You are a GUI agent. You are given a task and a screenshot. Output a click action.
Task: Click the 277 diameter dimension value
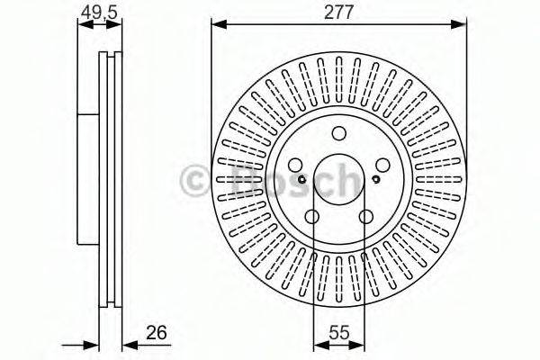339,13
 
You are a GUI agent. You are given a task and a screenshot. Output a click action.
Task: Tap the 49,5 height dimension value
99,13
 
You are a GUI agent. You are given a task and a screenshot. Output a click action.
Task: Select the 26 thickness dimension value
157,332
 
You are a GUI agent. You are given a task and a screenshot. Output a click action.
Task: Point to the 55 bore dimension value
339,332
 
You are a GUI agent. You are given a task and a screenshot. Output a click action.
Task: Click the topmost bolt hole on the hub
339,133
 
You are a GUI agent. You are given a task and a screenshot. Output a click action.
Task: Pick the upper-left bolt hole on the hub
295,165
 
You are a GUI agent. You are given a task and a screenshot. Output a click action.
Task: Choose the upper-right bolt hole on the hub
382,165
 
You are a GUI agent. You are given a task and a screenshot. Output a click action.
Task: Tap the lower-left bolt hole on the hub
312,217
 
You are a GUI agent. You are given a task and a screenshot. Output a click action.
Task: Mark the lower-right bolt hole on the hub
365,217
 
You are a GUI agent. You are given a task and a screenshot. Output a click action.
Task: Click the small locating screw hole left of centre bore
302,179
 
